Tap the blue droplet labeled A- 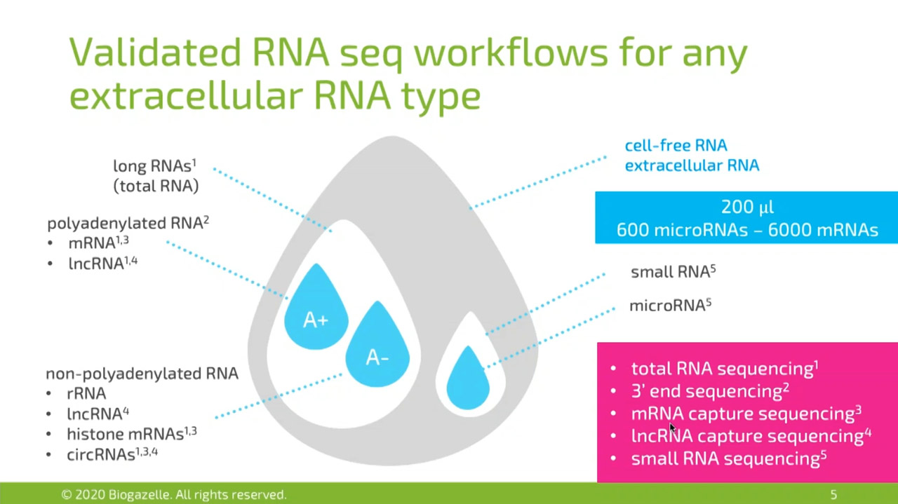[377, 346]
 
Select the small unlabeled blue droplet [468, 379]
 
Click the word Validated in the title [155, 53]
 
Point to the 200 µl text [747, 207]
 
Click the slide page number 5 [833, 494]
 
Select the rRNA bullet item [86, 393]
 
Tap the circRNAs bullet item [112, 454]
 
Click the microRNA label [670, 306]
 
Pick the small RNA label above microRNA [673, 272]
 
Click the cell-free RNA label [676, 145]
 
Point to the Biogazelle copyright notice [173, 494]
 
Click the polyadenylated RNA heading [128, 223]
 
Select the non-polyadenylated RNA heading [142, 374]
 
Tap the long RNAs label [155, 165]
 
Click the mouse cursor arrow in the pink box [672, 428]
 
